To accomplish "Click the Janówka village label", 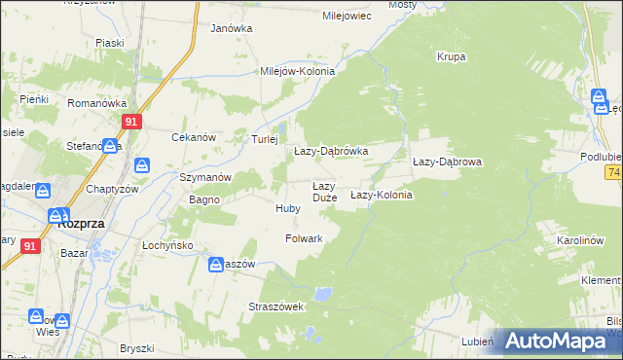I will click(232, 28).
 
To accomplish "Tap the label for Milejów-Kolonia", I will click(297, 71).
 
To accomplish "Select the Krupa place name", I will click(451, 56).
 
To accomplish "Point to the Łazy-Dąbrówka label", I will click(331, 152).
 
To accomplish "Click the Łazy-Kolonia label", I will click(382, 195).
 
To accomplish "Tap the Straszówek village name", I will click(277, 306).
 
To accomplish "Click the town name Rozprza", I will click(82, 223).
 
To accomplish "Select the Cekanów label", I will click(193, 138).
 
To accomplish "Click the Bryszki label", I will click(137, 348).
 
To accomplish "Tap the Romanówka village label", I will click(92, 102).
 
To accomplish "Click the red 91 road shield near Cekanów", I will click(133, 122).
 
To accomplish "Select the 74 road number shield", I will click(614, 172).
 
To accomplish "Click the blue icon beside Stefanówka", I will click(111, 146).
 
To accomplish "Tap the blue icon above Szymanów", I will click(142, 165).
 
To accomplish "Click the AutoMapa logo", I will click(556, 341).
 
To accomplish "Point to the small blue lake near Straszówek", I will click(324, 292).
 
